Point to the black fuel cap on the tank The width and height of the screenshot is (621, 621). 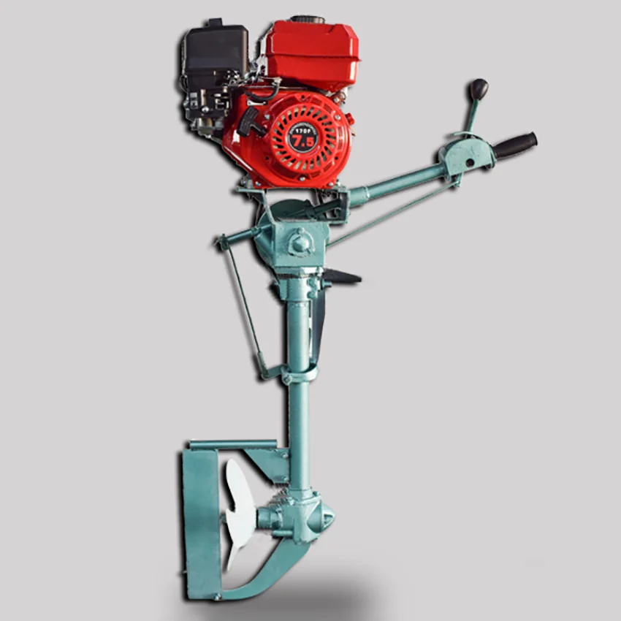point(307,20)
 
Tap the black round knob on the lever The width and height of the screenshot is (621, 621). point(479,89)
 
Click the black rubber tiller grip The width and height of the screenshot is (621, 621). point(514,145)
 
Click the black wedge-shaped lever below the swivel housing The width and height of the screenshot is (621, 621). point(342,277)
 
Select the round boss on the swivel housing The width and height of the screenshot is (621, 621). point(300,241)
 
